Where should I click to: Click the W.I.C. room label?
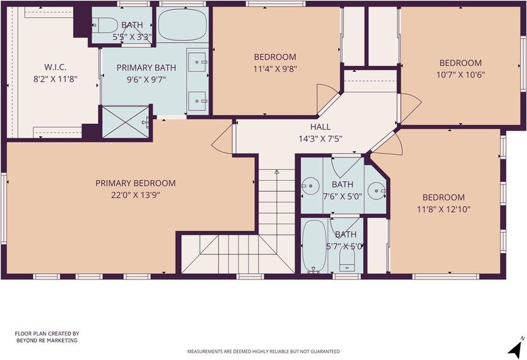55,67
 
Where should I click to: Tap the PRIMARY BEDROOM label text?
136,183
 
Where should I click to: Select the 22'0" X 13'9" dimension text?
136,195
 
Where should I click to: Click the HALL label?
320,127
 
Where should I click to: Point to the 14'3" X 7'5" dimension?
320,138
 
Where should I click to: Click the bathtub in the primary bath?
182,25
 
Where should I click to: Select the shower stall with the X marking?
125,122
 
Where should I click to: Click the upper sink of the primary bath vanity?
197,62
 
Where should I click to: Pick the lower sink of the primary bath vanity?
197,101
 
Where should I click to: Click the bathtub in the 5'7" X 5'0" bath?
314,247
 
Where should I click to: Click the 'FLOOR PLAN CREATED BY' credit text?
47,334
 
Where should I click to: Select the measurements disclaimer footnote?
263,351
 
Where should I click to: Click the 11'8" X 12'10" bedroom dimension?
443,209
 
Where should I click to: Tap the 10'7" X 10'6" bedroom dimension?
460,75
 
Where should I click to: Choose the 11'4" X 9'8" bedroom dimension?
275,69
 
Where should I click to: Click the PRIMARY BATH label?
146,68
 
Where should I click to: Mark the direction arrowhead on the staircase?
277,172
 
